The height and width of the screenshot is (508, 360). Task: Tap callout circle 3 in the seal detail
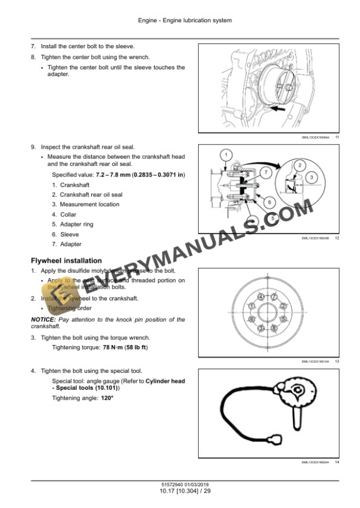[x=312, y=177]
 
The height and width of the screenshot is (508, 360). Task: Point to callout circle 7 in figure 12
[x=266, y=173]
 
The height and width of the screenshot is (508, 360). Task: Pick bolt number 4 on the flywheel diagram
[x=260, y=295]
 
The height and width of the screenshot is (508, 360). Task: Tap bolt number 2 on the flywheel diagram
[x=284, y=306]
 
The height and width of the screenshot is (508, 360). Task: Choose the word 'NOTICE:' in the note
[x=43, y=319]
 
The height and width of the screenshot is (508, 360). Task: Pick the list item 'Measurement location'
[x=89, y=204]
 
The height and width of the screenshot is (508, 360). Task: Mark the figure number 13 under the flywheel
[x=337, y=361]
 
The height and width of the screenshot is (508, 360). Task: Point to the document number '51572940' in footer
[x=162, y=483]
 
